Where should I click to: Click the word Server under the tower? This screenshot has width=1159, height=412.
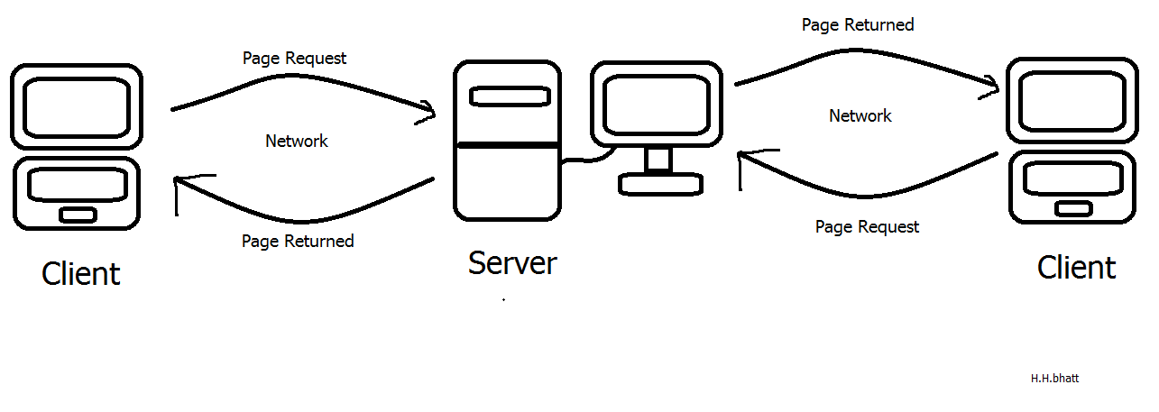pos(512,263)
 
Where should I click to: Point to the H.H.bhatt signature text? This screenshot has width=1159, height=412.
pos(1054,379)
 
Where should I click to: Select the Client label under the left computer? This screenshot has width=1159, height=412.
pos(80,273)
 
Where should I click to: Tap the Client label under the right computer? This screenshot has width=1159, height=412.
pos(1076,268)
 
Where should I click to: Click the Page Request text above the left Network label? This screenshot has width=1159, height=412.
pos(294,59)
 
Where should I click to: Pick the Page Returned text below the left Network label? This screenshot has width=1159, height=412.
pos(298,242)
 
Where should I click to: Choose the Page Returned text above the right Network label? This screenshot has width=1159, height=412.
pos(857,25)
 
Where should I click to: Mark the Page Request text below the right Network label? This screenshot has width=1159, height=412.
pos(867,227)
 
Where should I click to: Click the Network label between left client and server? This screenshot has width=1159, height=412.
pos(296,142)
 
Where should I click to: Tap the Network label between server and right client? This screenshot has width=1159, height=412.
pos(860,116)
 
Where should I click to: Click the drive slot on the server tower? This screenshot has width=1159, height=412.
pos(502,96)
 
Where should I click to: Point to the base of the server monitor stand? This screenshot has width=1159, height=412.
pos(660,182)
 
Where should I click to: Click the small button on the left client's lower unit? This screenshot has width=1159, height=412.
pos(78,214)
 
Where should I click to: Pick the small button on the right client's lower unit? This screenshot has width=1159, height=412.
pos(1072,208)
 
